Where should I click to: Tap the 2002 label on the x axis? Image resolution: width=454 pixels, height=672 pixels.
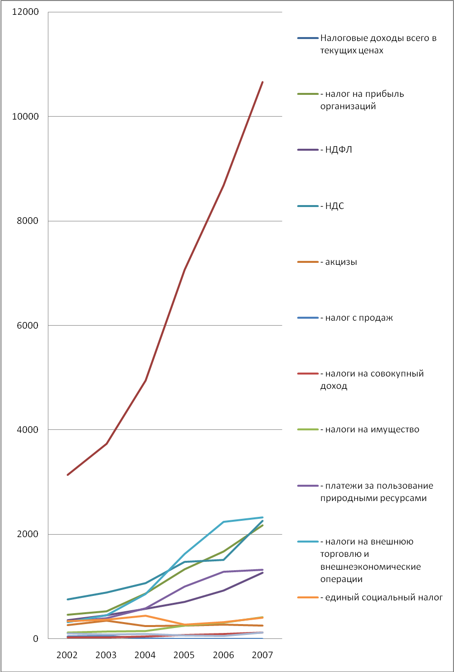(67, 655)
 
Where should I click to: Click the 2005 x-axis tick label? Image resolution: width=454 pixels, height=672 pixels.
(184, 655)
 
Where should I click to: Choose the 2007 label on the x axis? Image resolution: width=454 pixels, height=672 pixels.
(262, 655)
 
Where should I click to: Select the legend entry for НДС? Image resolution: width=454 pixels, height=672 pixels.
(335, 206)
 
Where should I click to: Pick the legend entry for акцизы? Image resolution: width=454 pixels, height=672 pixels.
(341, 262)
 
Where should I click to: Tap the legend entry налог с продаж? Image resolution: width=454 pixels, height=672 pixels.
(359, 318)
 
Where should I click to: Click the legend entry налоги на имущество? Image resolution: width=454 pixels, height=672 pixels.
(372, 429)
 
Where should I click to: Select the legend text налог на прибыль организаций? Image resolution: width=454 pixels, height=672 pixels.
(362, 100)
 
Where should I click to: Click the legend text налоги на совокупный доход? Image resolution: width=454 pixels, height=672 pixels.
(372, 379)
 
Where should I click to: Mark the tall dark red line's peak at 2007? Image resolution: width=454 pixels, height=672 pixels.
(262, 82)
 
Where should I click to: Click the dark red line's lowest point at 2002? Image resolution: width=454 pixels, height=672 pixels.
(68, 475)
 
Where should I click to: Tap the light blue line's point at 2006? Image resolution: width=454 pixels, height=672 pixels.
(223, 522)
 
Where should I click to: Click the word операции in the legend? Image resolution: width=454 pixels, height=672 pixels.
(341, 579)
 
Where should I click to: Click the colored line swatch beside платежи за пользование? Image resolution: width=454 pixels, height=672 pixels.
(307, 486)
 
